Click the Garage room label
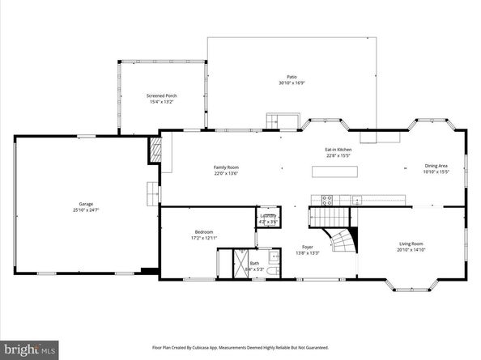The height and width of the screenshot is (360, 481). coord(85,204)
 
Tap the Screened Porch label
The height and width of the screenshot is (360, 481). coord(161,96)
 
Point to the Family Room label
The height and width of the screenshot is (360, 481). coord(226,167)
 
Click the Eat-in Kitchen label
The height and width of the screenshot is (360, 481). coord(338,150)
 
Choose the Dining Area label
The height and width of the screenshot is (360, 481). coord(436,167)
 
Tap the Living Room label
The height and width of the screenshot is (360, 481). coord(411,243)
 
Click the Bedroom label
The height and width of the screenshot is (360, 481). coord(203,232)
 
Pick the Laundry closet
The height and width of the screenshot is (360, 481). coord(268,217)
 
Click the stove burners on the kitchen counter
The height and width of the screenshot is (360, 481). coord(327,198)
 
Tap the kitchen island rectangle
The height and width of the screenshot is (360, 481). coord(336,172)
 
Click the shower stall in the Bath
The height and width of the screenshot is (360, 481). coord(241,262)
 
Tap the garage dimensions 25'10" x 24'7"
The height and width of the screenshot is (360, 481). coord(85,210)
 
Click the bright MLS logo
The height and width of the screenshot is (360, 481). coord(29,349)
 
